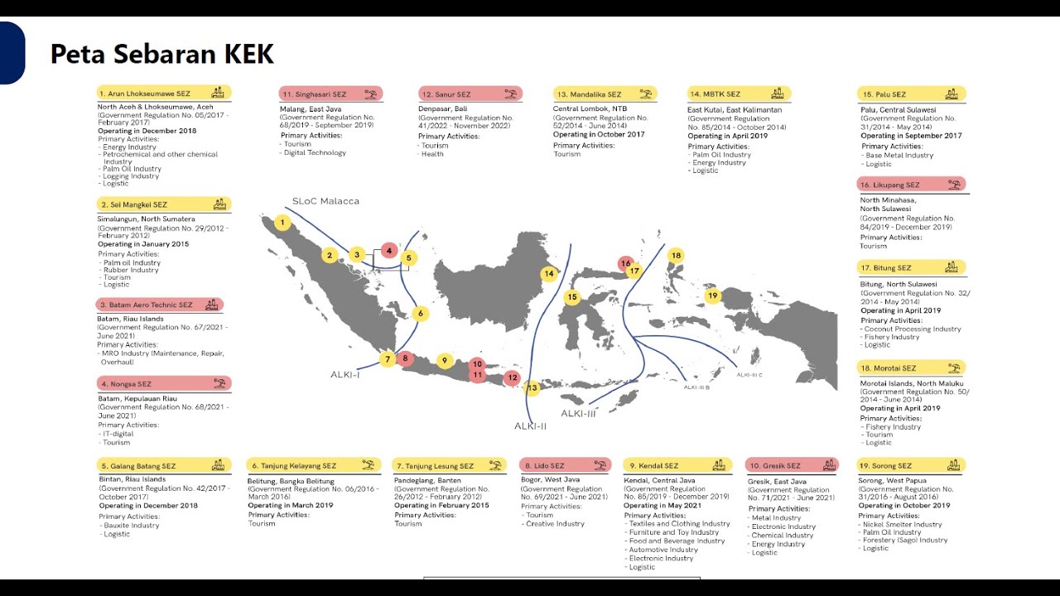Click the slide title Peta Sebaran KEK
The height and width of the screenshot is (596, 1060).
pyautogui.click(x=162, y=55)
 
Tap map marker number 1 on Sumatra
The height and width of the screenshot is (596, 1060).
pyautogui.click(x=282, y=223)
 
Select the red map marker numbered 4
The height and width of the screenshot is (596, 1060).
pyautogui.click(x=388, y=251)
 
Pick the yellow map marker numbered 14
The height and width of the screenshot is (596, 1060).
pyautogui.click(x=548, y=274)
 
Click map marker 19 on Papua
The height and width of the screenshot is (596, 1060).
pyautogui.click(x=712, y=296)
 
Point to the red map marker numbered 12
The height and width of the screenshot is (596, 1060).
pyautogui.click(x=513, y=378)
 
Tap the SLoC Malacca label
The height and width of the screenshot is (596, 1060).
pyautogui.click(x=325, y=201)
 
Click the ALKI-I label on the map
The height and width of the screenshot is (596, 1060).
pyautogui.click(x=344, y=375)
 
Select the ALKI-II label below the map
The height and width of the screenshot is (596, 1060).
pyautogui.click(x=530, y=426)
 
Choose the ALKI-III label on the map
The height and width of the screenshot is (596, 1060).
pyautogui.click(x=578, y=413)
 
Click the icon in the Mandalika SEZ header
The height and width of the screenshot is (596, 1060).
pyautogui.click(x=645, y=94)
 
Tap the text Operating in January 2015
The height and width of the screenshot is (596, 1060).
pyautogui.click(x=143, y=244)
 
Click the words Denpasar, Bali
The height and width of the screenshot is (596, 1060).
pyautogui.click(x=443, y=109)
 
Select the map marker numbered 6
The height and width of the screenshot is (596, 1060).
pyautogui.click(x=421, y=314)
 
